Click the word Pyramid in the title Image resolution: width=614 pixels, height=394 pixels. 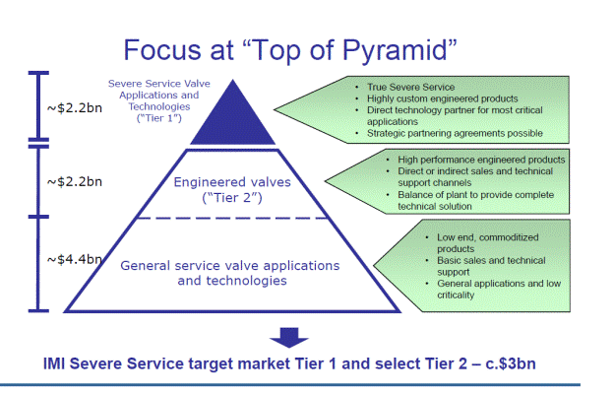click(x=395, y=51)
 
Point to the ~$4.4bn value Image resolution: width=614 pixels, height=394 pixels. click(x=75, y=259)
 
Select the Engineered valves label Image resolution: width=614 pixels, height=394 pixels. click(x=232, y=182)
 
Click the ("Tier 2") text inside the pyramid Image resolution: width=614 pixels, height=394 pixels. click(x=232, y=198)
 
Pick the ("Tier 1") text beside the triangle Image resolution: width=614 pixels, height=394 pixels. click(x=159, y=118)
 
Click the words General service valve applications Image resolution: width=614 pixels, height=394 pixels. click(x=230, y=266)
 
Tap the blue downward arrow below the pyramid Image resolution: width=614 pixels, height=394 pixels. click(x=289, y=338)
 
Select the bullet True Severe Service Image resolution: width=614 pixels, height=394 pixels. click(x=410, y=87)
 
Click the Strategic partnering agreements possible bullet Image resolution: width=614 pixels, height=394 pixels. click(x=455, y=133)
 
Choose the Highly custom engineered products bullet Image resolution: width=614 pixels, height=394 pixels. click(x=443, y=98)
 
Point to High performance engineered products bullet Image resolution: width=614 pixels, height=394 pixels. click(x=481, y=160)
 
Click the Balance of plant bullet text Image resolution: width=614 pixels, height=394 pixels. click(x=476, y=200)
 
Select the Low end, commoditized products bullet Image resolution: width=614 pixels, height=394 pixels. click(x=487, y=243)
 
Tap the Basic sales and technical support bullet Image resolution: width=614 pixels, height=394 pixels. click(x=491, y=266)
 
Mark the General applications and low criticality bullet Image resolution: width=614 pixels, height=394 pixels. click(x=499, y=289)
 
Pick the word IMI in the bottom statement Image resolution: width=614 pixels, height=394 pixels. click(x=54, y=363)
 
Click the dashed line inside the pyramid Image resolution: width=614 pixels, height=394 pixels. click(x=233, y=218)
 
